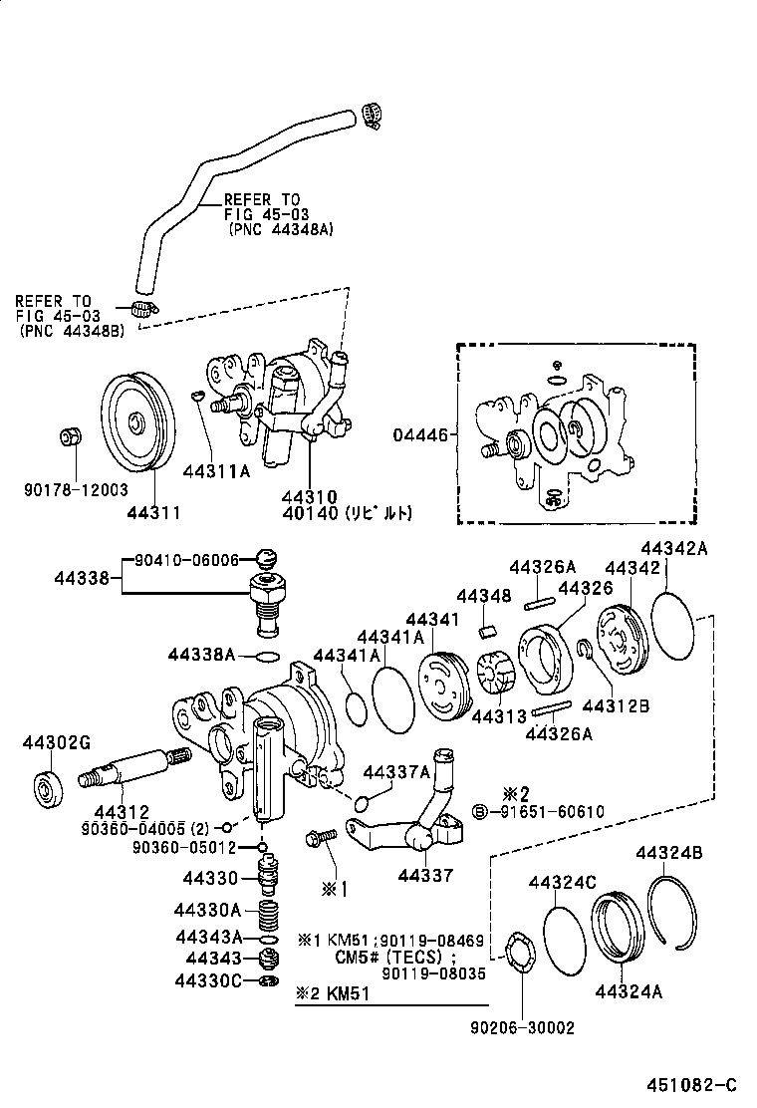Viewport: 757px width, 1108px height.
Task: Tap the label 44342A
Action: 673,548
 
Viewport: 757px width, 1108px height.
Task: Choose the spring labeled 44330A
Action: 266,914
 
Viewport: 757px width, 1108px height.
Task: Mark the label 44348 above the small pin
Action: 486,596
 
